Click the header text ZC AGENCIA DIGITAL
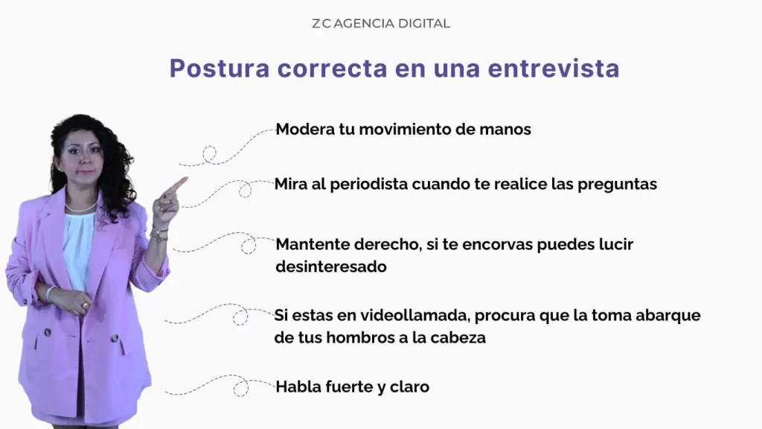click(x=380, y=23)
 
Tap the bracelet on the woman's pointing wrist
click(x=158, y=234)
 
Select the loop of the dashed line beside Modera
click(x=210, y=154)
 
